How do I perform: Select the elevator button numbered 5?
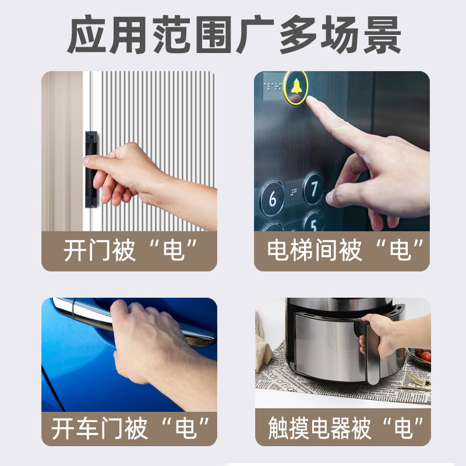[x=313, y=222]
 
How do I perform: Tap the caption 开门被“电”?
[x=129, y=250]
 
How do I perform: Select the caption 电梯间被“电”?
[x=342, y=250]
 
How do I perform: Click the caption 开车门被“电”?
[x=129, y=429]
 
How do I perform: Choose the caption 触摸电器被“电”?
[x=342, y=429]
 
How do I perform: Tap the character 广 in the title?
[x=255, y=36]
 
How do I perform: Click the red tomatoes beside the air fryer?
[x=425, y=355]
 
